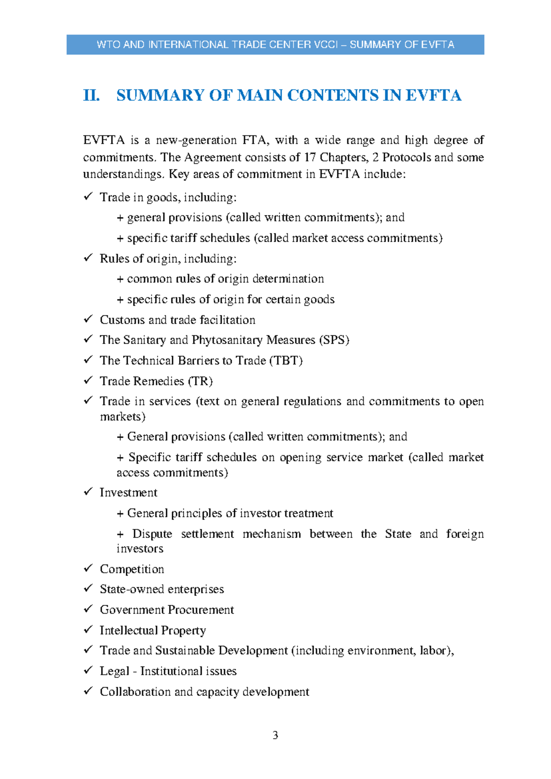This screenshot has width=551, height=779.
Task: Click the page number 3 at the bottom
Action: tap(275, 735)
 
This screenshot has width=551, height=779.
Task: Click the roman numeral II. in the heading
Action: tap(91, 96)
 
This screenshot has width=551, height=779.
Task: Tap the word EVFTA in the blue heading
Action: tap(433, 96)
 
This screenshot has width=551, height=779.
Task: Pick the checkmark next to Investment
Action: tap(88, 491)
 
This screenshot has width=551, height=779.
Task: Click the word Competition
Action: tap(132, 569)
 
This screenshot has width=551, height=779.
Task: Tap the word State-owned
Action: tap(129, 589)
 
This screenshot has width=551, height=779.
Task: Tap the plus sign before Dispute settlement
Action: tap(120, 534)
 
